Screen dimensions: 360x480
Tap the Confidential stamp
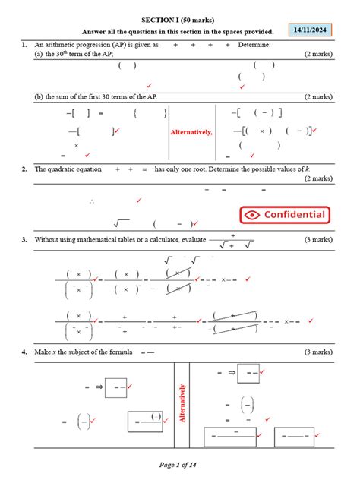click(x=285, y=215)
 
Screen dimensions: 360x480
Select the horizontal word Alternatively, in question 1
click(x=191, y=132)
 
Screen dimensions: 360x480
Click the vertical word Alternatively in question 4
click(x=182, y=403)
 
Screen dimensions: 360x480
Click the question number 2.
click(x=25, y=169)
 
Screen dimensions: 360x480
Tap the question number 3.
click(x=25, y=239)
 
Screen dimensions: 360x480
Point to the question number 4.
click(x=25, y=352)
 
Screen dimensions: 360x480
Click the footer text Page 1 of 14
click(x=180, y=464)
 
